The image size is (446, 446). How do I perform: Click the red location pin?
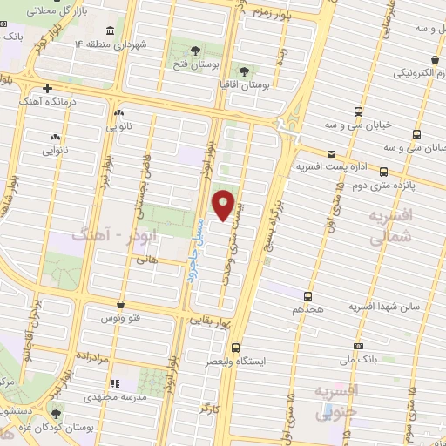225,206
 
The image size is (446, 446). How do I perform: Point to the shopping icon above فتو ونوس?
119,305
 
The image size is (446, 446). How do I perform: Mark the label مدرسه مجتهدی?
113,396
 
